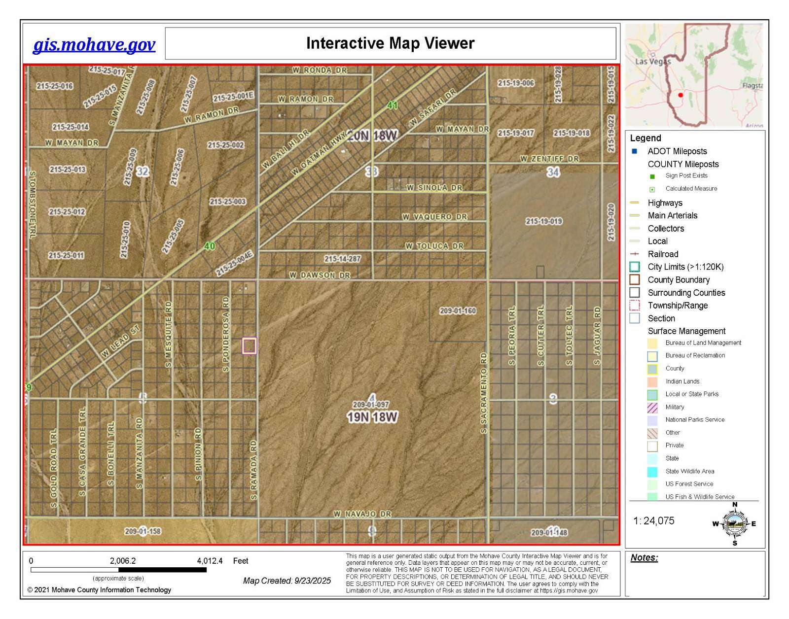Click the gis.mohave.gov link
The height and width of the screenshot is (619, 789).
[94, 45]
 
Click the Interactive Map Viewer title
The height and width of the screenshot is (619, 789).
[390, 43]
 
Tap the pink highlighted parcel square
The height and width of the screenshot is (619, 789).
[250, 345]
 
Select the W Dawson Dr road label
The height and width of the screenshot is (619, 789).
[320, 275]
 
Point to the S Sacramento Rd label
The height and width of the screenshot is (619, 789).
[484, 393]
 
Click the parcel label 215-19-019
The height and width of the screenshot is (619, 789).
[544, 221]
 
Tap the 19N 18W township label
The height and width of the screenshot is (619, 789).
[372, 417]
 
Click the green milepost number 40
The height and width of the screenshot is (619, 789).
[210, 246]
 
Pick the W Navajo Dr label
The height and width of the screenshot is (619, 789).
[362, 514]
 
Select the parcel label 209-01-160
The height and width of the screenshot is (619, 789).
[458, 311]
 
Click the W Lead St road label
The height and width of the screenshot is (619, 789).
[121, 341]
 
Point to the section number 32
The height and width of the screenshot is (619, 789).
[143, 172]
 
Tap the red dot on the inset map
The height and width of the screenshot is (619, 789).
[681, 95]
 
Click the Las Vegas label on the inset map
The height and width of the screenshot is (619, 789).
[653, 62]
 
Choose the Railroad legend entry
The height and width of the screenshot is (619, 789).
[663, 254]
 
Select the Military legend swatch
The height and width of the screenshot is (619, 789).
[652, 408]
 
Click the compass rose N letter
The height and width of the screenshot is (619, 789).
[735, 505]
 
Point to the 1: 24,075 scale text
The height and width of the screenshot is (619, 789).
[654, 521]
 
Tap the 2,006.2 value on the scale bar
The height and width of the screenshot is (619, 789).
[123, 561]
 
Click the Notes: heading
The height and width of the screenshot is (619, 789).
[644, 558]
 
